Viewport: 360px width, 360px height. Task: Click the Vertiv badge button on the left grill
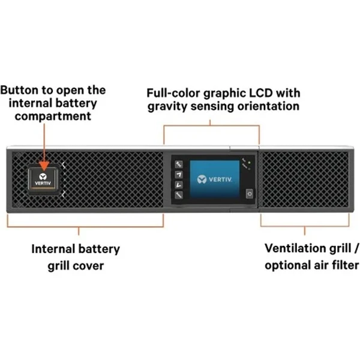(46, 177)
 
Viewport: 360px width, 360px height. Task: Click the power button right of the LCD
(248, 193)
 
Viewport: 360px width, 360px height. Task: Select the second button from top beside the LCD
(178, 175)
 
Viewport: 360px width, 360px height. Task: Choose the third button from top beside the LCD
(178, 184)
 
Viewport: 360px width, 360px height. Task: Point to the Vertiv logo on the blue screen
(214, 178)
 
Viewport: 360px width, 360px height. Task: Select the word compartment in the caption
(53, 115)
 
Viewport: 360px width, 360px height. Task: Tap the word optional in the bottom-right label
(286, 265)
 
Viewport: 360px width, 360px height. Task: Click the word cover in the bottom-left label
(89, 265)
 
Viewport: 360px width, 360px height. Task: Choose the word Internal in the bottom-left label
(52, 248)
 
